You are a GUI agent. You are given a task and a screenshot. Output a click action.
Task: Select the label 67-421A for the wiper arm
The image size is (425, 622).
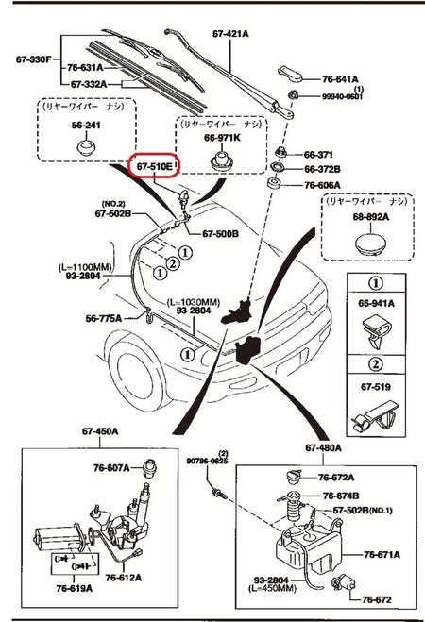230,33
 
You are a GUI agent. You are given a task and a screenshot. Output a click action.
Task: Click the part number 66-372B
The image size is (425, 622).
323,169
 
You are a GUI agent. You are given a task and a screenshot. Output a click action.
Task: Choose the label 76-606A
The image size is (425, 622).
323,185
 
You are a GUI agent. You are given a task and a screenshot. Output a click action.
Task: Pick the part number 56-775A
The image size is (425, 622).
117,318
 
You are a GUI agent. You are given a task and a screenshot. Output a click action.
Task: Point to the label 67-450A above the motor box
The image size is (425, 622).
101,431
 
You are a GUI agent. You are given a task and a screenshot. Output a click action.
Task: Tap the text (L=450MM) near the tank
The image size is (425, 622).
275,589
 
